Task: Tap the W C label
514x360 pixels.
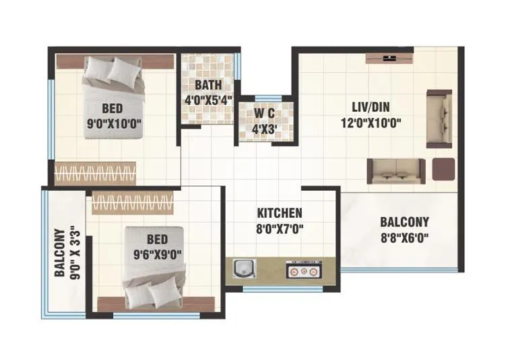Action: point(265,113)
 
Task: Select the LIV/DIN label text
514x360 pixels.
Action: point(370,107)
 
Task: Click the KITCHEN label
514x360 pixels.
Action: point(280,212)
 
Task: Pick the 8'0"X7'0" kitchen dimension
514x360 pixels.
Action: point(280,229)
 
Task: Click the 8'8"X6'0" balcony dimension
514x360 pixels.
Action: point(404,237)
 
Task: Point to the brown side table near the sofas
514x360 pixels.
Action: point(443,169)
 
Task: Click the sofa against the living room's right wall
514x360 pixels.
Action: point(439,118)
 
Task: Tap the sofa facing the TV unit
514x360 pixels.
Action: point(396,171)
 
